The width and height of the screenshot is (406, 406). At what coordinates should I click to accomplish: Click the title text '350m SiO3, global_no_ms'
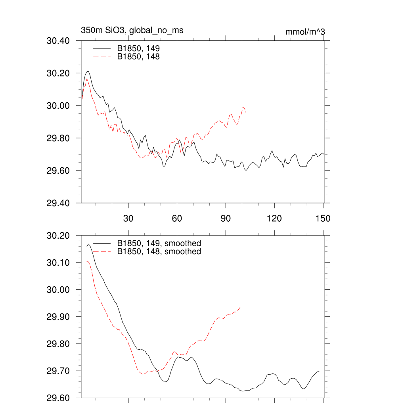pos(132,30)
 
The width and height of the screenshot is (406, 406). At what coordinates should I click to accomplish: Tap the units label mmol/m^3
pos(305,32)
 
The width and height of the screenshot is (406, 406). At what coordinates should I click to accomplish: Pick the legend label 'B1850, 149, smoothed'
pos(159,243)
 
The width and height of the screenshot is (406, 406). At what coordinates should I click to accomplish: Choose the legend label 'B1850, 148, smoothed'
pos(159,252)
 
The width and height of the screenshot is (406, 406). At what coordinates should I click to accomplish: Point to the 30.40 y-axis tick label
pos(58,41)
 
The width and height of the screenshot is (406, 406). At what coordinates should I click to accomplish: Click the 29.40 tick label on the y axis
pos(58,203)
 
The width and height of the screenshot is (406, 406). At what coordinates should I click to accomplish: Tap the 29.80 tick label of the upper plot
pos(58,138)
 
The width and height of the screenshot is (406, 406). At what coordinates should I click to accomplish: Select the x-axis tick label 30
pos(128,218)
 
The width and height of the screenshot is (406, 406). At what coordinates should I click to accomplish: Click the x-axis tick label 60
pos(177,218)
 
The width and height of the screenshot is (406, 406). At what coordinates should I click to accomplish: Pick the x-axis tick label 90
pos(226,218)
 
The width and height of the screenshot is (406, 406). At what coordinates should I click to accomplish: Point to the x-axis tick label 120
pos(274,218)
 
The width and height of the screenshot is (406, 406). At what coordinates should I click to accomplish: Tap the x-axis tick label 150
pos(323,218)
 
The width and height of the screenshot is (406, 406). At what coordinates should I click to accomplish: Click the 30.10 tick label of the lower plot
pos(58,263)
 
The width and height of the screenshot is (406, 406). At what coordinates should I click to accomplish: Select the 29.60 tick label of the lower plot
pos(58,398)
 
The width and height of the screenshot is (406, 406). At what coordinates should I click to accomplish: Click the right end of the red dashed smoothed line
pos(241,307)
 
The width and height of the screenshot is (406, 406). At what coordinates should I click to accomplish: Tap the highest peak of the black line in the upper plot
pos(88,72)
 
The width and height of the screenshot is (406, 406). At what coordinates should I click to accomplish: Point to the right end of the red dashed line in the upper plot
pos(246,113)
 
